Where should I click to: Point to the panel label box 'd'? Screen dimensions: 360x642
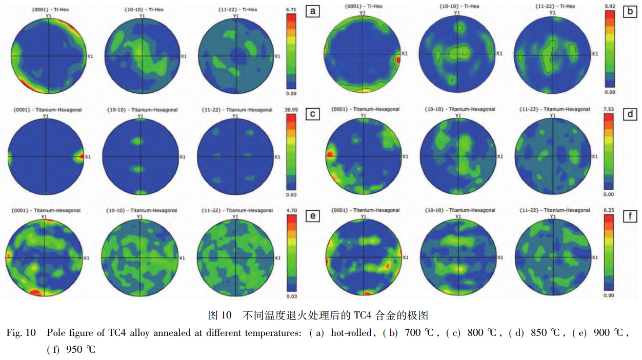[x=630, y=114]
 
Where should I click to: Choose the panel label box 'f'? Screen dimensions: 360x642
[x=630, y=216]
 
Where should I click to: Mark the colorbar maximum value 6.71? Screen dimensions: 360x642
[x=290, y=9]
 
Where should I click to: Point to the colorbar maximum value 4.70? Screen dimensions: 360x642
[x=290, y=210]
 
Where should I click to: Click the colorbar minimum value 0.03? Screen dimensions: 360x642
[x=290, y=296]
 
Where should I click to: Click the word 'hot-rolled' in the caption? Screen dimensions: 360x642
[x=354, y=333]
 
